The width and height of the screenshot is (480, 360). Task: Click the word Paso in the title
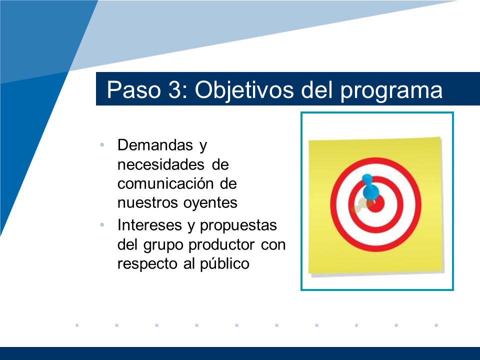[134, 89]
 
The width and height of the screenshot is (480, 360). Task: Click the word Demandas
[155, 145]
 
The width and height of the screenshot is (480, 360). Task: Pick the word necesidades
[160, 164]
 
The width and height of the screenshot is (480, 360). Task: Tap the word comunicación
[165, 183]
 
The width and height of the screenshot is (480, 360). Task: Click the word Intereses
[149, 225]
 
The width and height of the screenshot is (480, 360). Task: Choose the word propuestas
[238, 226]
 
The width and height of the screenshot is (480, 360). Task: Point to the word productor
[221, 245]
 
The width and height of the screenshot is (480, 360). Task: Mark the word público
[224, 264]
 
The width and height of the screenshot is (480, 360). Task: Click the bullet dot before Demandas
[102, 144]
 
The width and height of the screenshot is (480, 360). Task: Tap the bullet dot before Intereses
[102, 225]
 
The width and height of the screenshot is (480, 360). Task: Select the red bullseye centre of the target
[376, 204]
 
